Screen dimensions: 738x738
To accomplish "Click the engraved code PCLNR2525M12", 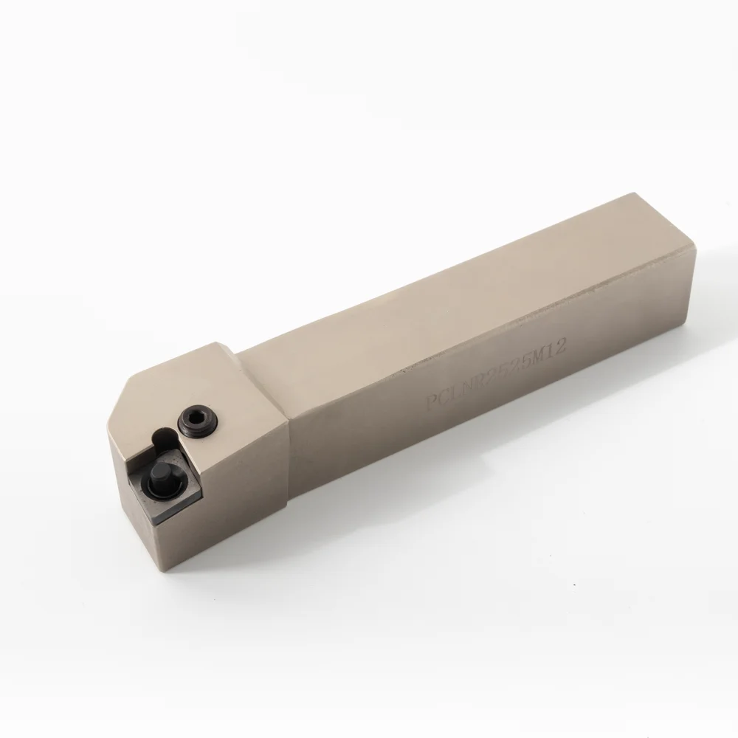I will pos(496,376).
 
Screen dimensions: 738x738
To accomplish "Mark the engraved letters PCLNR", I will pos(454,393).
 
